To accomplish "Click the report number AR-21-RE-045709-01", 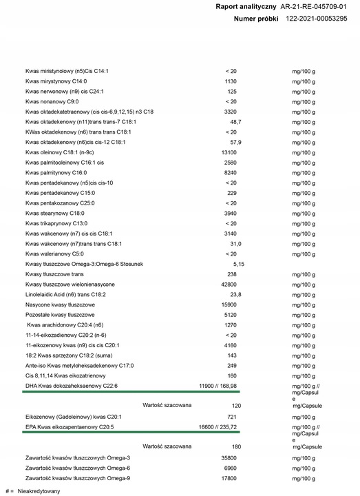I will [x=318, y=6].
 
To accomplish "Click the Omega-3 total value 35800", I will [x=231, y=457].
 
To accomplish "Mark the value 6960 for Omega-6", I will [x=231, y=467].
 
